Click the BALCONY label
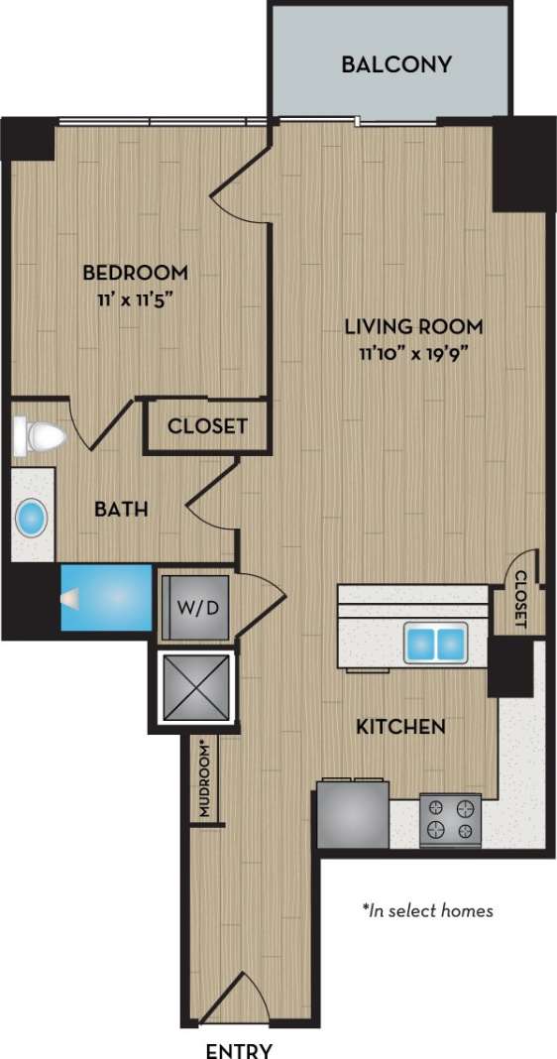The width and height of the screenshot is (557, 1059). tap(396, 65)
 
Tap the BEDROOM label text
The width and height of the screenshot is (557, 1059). tap(135, 272)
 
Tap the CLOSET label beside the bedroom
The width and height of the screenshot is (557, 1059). tap(207, 426)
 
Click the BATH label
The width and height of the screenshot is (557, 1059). tap(121, 510)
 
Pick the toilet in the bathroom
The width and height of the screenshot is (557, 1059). tap(39, 436)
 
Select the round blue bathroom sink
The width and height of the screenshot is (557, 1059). tap(33, 518)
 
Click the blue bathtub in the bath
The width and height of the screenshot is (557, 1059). tap(106, 598)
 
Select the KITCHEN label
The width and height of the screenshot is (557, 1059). tap(400, 727)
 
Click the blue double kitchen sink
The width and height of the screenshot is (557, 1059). tap(435, 643)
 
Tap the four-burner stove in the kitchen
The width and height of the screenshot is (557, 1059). tap(451, 818)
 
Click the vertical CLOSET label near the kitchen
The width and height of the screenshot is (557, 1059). tap(521, 600)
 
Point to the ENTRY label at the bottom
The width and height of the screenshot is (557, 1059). tap(238, 1049)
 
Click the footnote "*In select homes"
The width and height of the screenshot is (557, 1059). tap(427, 909)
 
